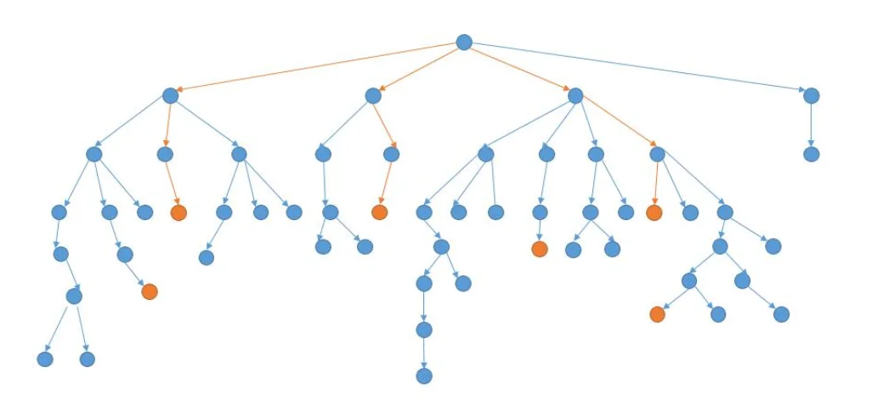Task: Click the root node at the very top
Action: (x=463, y=42)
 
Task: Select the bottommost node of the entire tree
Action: (x=424, y=376)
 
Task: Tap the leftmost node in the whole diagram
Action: (x=45, y=359)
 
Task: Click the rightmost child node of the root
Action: (x=811, y=96)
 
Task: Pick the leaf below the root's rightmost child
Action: (x=811, y=155)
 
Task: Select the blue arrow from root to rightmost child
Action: (x=637, y=69)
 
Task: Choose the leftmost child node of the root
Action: (x=170, y=96)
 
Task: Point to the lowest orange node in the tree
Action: (x=657, y=314)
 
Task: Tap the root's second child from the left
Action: (x=373, y=96)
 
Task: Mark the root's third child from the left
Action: (x=575, y=96)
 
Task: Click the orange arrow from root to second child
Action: (x=418, y=69)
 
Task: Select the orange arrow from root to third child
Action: (x=519, y=69)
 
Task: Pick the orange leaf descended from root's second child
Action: (x=379, y=212)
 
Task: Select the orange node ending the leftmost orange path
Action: (x=178, y=212)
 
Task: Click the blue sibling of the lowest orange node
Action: (x=718, y=314)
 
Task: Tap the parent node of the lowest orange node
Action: (x=689, y=280)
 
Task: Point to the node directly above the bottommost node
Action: (x=424, y=330)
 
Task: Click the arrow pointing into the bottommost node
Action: (x=424, y=353)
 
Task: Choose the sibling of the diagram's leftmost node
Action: (x=87, y=359)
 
